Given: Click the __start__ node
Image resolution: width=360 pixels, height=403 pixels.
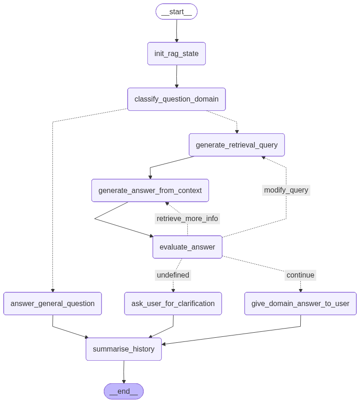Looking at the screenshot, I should [176, 11].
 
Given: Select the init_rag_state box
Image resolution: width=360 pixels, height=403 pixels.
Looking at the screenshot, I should [176, 54].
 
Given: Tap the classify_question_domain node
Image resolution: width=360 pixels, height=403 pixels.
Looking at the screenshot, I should [176, 99].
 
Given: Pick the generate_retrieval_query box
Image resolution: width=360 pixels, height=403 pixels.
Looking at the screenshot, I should [236, 145].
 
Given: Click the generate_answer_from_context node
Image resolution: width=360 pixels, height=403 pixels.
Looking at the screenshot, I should [150, 191].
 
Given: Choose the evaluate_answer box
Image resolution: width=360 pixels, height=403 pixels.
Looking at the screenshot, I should [187, 247].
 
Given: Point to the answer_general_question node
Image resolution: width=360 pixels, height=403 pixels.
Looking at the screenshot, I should [52, 304].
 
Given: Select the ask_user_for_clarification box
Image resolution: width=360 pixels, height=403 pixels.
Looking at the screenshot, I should [173, 304].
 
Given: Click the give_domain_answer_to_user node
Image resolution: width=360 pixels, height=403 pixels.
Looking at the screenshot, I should [300, 304].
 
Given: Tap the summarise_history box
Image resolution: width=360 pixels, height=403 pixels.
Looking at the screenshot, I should [124, 349].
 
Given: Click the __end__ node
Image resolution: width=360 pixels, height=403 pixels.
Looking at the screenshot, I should [124, 392].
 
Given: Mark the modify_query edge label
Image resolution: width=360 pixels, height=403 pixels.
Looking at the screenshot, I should [286, 190].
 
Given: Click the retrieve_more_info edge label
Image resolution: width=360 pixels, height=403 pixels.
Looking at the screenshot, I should [187, 219].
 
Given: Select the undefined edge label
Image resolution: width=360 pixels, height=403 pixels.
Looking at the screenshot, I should [173, 275].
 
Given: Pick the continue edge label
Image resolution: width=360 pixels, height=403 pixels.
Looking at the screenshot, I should [300, 275].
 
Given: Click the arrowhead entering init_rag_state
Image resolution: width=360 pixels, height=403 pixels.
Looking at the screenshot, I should [176, 40].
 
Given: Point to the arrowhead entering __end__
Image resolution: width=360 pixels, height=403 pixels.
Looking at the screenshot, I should [124, 381].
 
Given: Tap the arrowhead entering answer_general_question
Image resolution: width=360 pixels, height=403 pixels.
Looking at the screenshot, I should [52, 290].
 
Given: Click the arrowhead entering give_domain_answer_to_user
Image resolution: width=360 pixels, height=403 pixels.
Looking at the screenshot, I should [300, 290].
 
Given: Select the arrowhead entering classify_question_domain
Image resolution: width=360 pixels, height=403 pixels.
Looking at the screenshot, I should [176, 86].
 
